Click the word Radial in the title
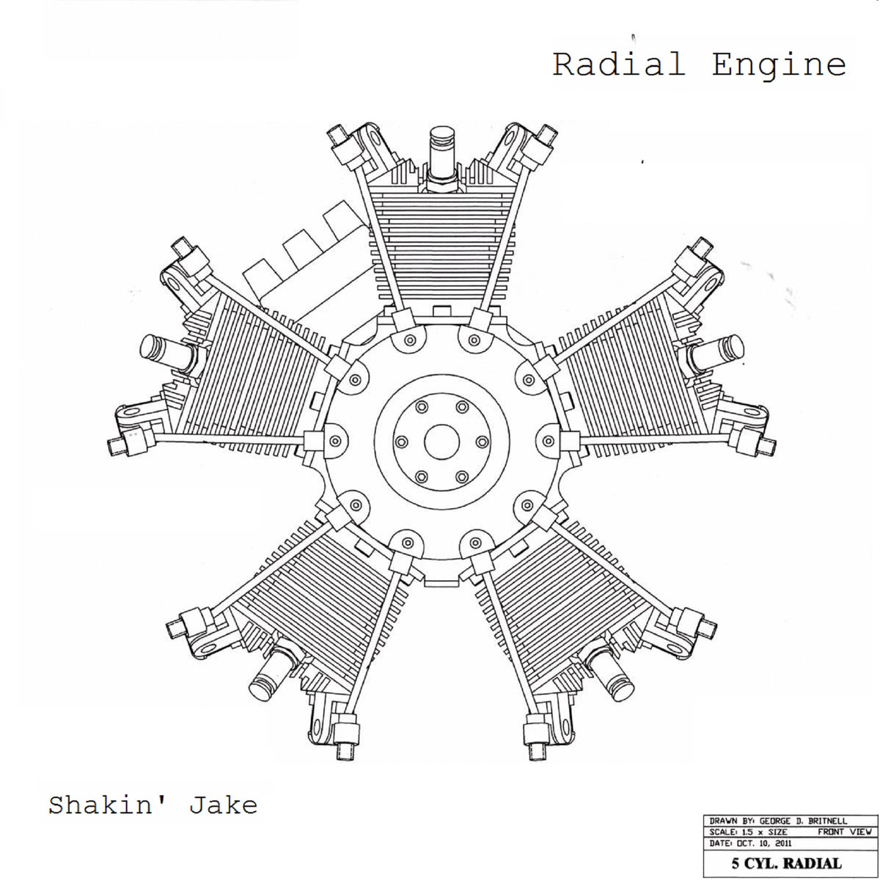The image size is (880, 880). (619, 65)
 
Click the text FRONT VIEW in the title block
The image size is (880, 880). (844, 832)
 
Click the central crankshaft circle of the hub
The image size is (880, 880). (441, 442)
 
